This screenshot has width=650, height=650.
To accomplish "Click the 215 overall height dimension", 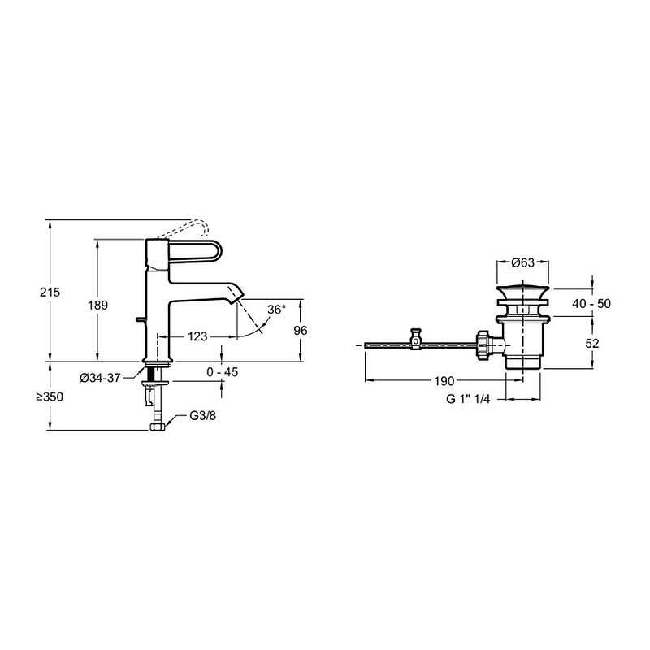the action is [50, 292].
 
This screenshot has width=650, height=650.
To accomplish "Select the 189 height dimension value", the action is [97, 305].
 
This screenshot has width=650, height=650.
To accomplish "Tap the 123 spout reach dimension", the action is [197, 336].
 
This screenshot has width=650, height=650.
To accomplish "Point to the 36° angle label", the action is [276, 310].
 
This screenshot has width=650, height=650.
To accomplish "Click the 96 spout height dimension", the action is [301, 331].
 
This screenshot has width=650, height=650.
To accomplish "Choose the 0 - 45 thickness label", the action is [222, 372].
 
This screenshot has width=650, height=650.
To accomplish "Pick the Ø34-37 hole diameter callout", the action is [100, 378].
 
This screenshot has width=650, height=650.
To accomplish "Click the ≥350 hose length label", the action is [50, 396].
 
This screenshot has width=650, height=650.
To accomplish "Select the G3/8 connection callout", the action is [202, 415].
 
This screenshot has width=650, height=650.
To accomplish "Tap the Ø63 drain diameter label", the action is [522, 262].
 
